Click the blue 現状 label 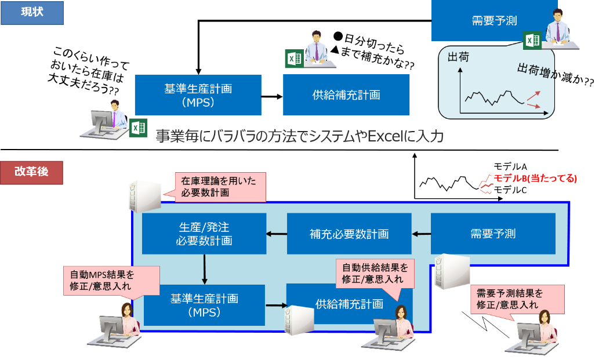click(x=32, y=13)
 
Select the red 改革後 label click(x=32, y=173)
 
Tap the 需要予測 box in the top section click(x=494, y=21)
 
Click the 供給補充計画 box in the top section click(x=346, y=94)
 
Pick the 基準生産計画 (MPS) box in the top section click(x=198, y=94)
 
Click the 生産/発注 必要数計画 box click(x=204, y=234)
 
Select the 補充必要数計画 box click(x=349, y=234)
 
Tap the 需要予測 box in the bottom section click(x=493, y=234)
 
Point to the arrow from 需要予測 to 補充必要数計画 click(x=422, y=234)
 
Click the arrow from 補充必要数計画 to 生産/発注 click(x=276, y=234)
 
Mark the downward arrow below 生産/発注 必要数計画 click(x=205, y=268)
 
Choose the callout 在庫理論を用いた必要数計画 click(x=220, y=187)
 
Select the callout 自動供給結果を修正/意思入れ click(x=375, y=273)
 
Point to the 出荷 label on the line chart click(x=458, y=57)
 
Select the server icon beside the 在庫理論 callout click(x=144, y=196)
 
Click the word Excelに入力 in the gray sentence click(x=405, y=136)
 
